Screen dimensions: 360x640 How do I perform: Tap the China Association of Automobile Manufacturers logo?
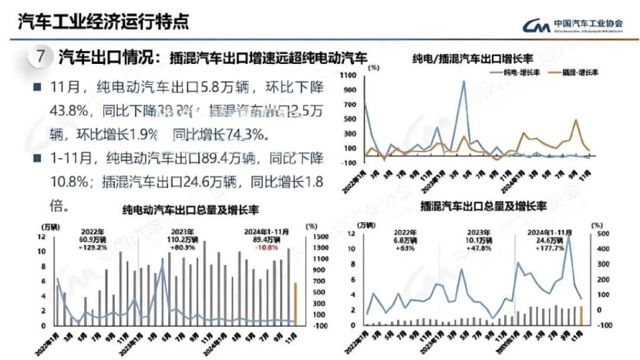(x=531, y=25)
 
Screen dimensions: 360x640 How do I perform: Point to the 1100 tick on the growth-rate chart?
(x=345, y=76)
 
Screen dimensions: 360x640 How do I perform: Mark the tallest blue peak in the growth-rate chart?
(x=463, y=82)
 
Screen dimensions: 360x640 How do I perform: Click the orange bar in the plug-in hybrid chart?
(x=582, y=315)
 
